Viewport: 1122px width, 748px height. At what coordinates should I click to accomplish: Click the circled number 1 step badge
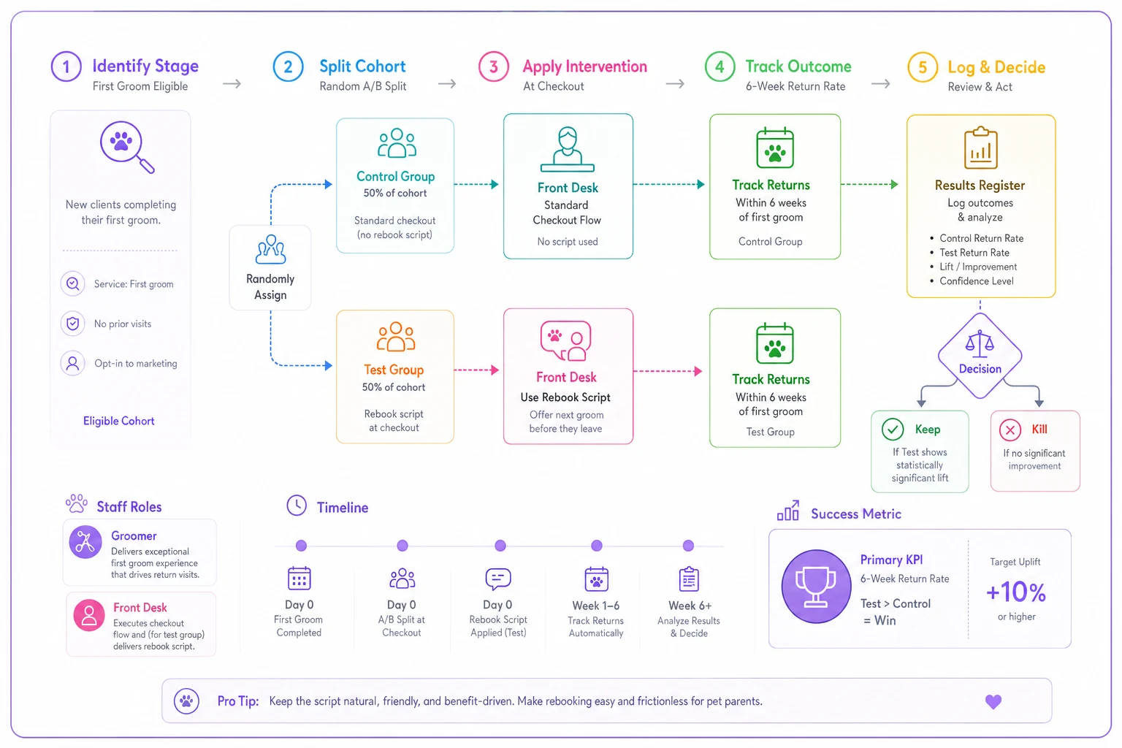pyautogui.click(x=66, y=66)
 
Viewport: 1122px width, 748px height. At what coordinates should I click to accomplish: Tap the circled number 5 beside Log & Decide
pyautogui.click(x=923, y=67)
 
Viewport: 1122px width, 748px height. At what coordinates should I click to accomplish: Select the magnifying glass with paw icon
pyautogui.click(x=126, y=147)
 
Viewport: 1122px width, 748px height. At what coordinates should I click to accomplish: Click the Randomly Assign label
pyautogui.click(x=270, y=286)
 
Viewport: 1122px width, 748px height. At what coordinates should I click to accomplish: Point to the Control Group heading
pyautogui.click(x=395, y=176)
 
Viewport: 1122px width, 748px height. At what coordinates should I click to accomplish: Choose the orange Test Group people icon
pyautogui.click(x=396, y=336)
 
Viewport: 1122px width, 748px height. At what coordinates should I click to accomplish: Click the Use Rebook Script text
pyautogui.click(x=565, y=397)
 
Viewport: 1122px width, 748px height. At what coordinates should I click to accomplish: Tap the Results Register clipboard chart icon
pyautogui.click(x=981, y=148)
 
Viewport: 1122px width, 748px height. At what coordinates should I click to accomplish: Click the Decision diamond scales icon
pyautogui.click(x=980, y=343)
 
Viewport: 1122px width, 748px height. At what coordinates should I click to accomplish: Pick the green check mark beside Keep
pyautogui.click(x=893, y=430)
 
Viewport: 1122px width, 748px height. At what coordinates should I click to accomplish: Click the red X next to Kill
pyautogui.click(x=1010, y=430)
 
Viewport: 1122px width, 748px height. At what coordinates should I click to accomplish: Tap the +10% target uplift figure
pyautogui.click(x=1016, y=592)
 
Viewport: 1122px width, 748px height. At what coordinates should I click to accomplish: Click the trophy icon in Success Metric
pyautogui.click(x=816, y=587)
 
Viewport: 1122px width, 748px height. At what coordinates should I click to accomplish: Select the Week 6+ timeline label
pyautogui.click(x=690, y=606)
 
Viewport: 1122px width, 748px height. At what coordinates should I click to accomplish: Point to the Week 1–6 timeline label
pyautogui.click(x=596, y=606)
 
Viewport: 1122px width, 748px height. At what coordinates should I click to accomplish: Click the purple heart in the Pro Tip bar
pyautogui.click(x=993, y=701)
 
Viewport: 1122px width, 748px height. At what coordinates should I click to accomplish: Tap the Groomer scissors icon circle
pyautogui.click(x=85, y=541)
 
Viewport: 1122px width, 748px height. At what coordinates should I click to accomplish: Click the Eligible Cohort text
pyautogui.click(x=119, y=421)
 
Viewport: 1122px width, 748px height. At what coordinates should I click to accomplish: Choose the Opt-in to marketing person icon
pyautogui.click(x=72, y=363)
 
